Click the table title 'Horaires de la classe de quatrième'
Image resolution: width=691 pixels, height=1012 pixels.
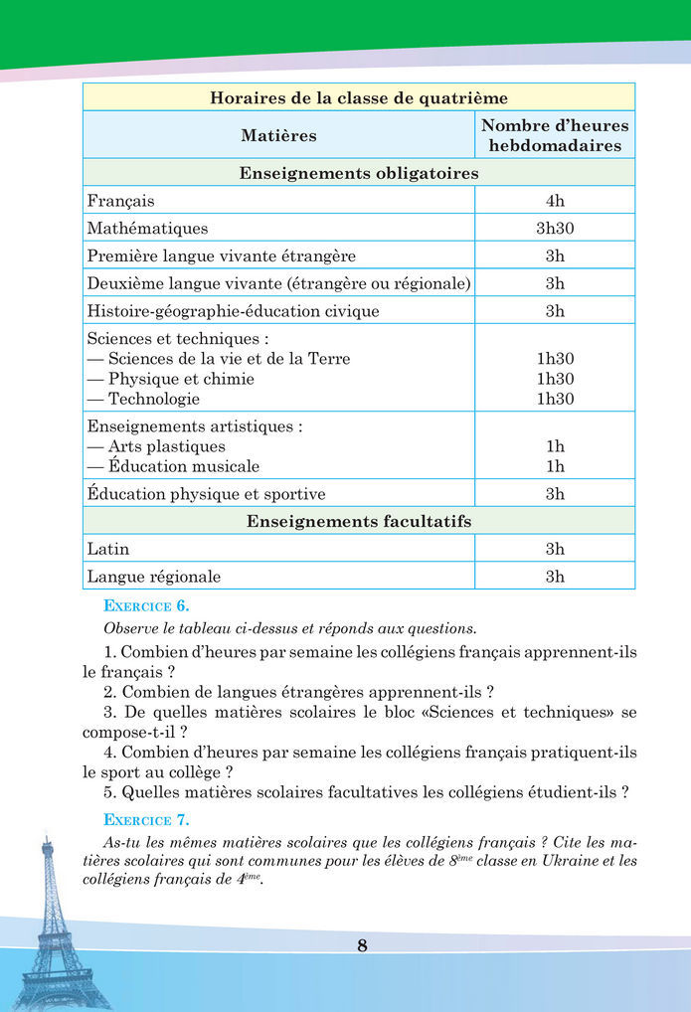[359, 97]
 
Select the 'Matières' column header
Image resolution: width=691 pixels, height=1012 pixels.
[278, 134]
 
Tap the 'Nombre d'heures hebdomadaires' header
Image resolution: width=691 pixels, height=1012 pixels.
[555, 135]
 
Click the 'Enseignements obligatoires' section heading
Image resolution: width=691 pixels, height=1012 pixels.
[359, 173]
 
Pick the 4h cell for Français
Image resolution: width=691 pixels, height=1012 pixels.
[555, 201]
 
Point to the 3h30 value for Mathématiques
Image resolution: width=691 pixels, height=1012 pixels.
[555, 228]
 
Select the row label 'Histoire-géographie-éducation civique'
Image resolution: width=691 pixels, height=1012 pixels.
[233, 311]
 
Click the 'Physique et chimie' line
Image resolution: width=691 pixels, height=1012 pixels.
[181, 379]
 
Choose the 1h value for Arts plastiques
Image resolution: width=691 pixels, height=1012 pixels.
[555, 446]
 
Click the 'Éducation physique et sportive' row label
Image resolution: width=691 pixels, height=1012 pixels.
[206, 494]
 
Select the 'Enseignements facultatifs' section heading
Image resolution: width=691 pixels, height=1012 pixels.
[359, 521]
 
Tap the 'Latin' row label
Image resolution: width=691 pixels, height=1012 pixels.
[107, 549]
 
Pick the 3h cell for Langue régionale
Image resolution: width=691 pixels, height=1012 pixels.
[555, 577]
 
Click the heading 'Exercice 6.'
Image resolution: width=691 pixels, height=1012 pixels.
[146, 605]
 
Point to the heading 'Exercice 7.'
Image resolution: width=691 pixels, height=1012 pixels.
[146, 820]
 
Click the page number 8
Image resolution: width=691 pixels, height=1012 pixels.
[362, 945]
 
